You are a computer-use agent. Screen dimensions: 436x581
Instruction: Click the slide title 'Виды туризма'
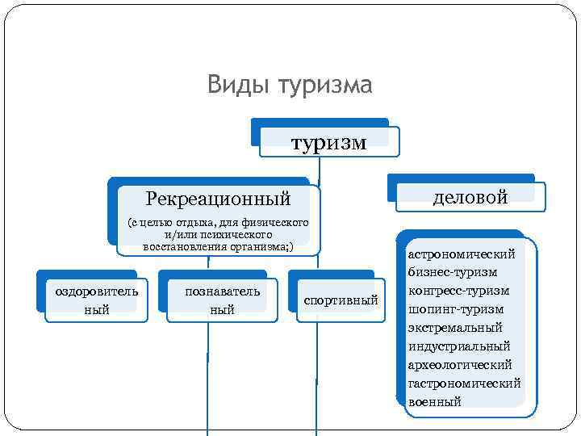point(290,85)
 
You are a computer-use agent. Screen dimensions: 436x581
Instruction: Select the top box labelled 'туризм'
point(328,143)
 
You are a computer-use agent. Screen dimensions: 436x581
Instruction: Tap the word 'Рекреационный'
point(218,198)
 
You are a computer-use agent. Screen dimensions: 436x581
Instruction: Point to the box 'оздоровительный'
point(96,300)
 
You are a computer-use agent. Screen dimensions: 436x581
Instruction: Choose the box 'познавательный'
point(222,300)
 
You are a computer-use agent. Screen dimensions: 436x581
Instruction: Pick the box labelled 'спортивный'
point(341,300)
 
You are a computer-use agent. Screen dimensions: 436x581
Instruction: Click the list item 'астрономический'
point(461,254)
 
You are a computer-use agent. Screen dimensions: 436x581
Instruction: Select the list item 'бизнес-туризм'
point(453,273)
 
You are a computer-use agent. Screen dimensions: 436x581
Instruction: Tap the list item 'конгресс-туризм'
point(458,291)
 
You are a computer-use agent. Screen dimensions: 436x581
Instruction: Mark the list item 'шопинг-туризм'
point(455,309)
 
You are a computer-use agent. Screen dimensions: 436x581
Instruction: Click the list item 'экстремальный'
point(455,328)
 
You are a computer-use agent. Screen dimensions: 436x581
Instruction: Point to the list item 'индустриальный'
point(459,346)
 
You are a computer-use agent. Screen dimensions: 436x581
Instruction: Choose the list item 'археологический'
point(460,365)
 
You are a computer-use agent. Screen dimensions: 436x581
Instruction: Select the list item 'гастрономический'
point(464,384)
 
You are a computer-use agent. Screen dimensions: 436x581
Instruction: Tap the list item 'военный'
point(435,402)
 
